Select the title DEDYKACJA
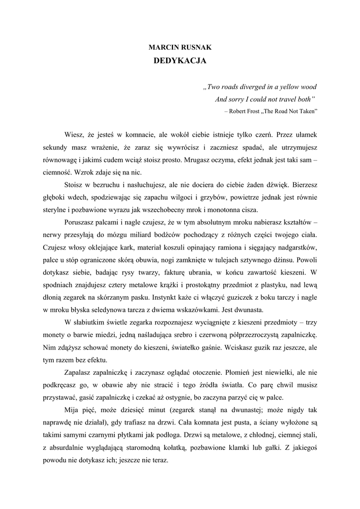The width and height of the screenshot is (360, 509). [x=180, y=61]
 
